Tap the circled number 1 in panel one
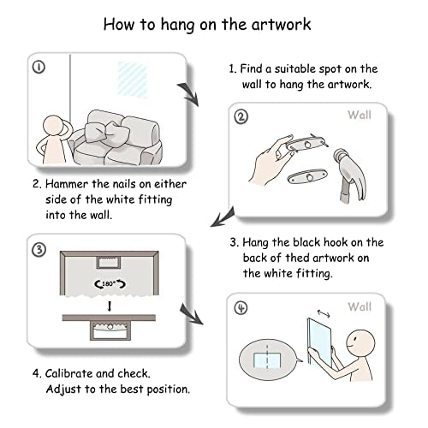pyautogui.click(x=39, y=68)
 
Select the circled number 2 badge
pyautogui.click(x=241, y=117)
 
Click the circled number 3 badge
pyautogui.click(x=39, y=250)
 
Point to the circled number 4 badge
pyautogui.click(x=241, y=308)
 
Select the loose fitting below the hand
pyautogui.click(x=307, y=176)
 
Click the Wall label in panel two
pyautogui.click(x=360, y=115)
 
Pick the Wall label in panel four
pyautogui.click(x=360, y=307)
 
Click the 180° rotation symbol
pyautogui.click(x=110, y=284)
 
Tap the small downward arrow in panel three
pyautogui.click(x=110, y=306)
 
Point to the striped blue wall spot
pyautogui.click(x=134, y=80)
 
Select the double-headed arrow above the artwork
pyautogui.click(x=324, y=313)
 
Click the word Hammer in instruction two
pyautogui.click(x=67, y=184)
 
